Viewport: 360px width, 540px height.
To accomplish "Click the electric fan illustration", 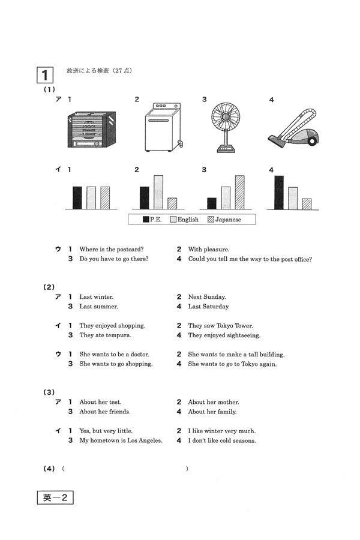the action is point(226,127).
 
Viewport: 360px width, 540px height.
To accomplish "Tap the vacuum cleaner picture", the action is point(293,128).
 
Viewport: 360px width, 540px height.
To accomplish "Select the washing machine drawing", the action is point(163,127).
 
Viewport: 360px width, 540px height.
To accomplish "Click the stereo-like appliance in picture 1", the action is point(92,129).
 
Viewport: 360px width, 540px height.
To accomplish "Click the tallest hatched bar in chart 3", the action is point(239,192).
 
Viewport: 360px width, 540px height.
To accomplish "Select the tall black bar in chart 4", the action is point(278,193).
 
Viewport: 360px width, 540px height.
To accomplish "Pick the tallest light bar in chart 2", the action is point(158,192).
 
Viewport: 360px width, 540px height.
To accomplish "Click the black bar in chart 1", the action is point(77,197).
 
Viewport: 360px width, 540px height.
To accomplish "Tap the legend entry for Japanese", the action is point(224,220).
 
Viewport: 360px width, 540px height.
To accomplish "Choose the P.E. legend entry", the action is point(152,220).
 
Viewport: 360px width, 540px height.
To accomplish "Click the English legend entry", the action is point(184,220).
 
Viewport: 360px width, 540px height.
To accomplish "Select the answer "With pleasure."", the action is point(208,250).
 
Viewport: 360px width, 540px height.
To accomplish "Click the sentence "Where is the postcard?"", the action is point(111,250).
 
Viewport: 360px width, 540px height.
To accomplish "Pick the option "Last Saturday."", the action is point(208,307).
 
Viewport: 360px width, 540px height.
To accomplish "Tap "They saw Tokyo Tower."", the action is point(220,326).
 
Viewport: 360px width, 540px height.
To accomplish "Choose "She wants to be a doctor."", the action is point(114,355).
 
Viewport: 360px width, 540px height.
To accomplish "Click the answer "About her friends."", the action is point(105,412).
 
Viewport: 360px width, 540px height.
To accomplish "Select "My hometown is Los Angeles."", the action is point(121,440).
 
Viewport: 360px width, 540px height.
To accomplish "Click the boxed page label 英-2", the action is point(55,497).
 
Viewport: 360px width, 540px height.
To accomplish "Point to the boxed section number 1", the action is point(45,75).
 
